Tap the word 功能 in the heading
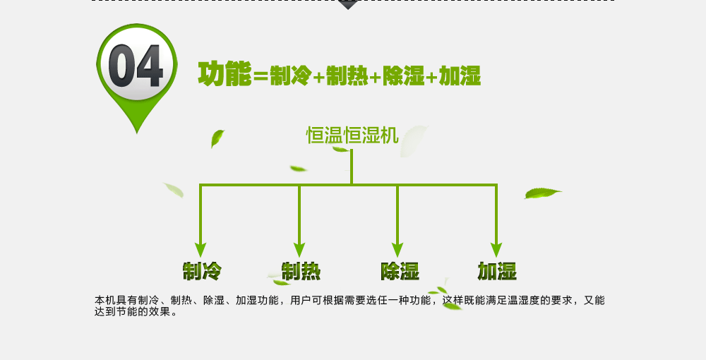click(x=225, y=74)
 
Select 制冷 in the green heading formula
click(x=290, y=76)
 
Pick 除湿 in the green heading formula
click(x=403, y=76)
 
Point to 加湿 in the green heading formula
click(x=460, y=76)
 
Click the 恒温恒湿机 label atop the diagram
click(x=352, y=135)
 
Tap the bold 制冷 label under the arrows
click(x=202, y=271)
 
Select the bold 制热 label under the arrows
click(x=301, y=271)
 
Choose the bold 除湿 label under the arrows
click(x=400, y=271)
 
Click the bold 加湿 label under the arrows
click(x=497, y=271)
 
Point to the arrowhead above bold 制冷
click(x=201, y=250)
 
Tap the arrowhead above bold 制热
click(x=299, y=250)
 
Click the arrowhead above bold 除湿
click(x=397, y=250)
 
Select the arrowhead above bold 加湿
click(x=496, y=250)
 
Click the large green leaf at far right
click(x=542, y=193)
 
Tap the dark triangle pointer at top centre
click(x=347, y=4)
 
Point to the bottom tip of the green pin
click(x=137, y=131)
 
